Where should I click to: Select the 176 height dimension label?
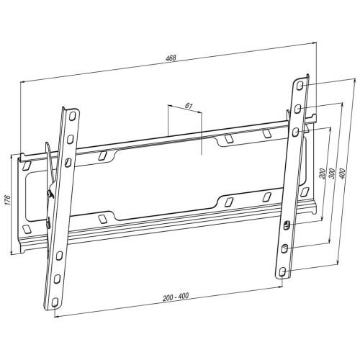tap(6, 201)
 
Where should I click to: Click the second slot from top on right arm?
tap(298, 107)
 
